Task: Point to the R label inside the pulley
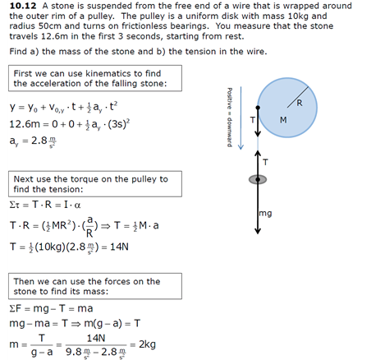(x=299, y=103)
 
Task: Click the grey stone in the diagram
(x=259, y=178)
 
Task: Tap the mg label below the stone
(x=264, y=215)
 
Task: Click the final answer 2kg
(x=149, y=343)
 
